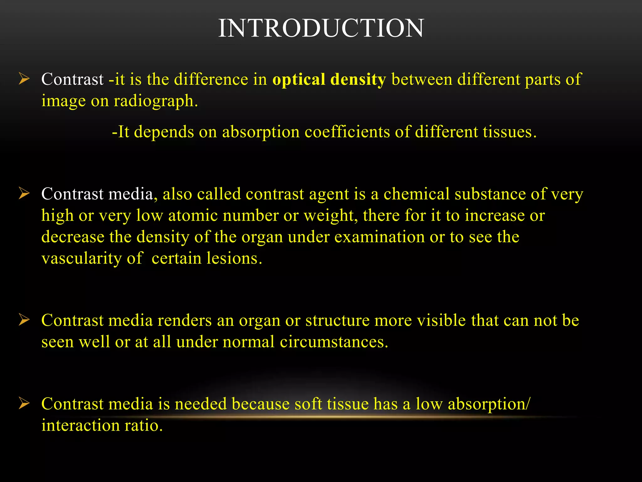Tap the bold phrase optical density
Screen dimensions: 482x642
[x=329, y=79]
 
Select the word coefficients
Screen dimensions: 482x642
[x=347, y=132]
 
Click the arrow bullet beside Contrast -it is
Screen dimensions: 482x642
[x=24, y=78]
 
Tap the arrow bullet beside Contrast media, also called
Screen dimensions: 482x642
[x=24, y=193]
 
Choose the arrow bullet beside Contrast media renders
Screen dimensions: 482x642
[x=24, y=320]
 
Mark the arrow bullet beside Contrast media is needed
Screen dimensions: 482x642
[x=24, y=403]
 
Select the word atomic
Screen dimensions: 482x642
[x=193, y=216]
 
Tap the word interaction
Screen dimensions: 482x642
[x=81, y=426]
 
